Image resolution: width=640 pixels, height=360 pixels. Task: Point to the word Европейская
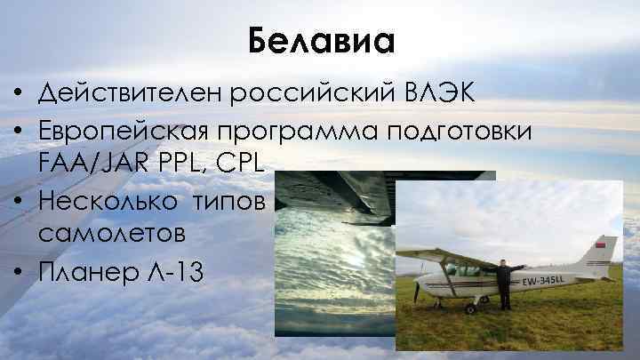127,130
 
